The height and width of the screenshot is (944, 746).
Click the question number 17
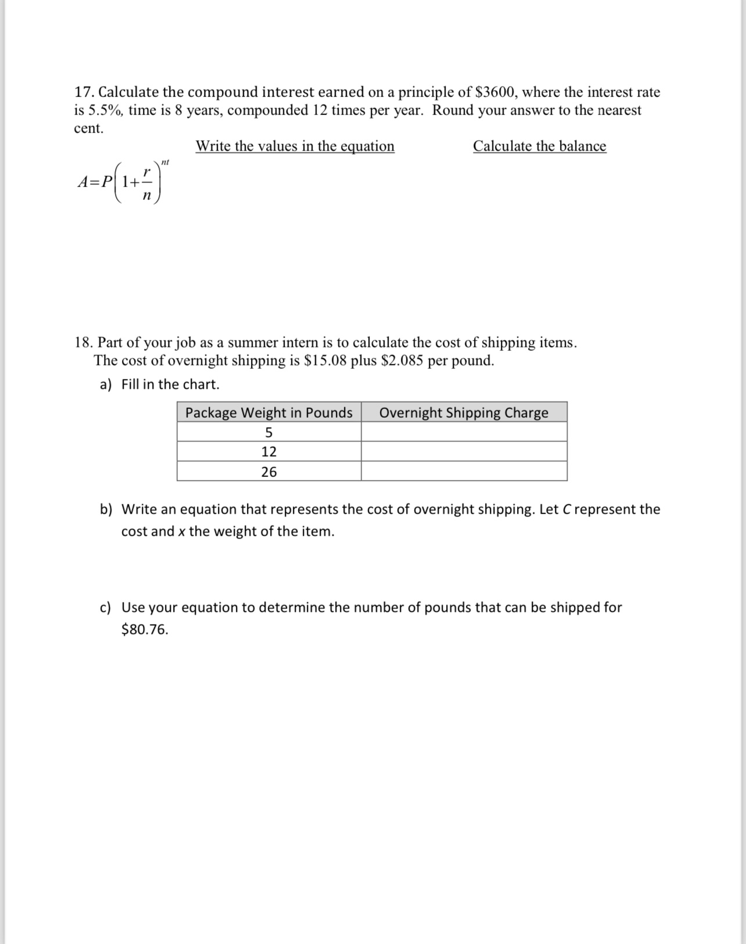[x=84, y=92]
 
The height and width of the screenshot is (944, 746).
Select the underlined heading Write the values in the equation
[x=295, y=146]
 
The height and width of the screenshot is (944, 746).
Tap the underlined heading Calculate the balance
[x=539, y=146]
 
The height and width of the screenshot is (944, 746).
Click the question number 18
[x=84, y=342]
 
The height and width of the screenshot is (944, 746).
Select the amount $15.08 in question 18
[x=325, y=361]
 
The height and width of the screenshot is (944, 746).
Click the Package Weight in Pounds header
[x=268, y=412]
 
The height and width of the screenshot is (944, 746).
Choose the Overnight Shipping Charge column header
[x=464, y=412]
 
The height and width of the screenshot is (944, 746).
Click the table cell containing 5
[x=268, y=432]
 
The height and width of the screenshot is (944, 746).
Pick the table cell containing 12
[x=268, y=452]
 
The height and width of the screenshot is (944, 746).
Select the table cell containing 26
[x=268, y=472]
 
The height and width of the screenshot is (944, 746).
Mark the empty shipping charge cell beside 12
[x=464, y=452]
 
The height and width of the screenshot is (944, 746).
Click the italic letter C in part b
[x=567, y=509]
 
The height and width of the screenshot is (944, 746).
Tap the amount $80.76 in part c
[x=145, y=630]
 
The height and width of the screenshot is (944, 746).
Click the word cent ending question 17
[x=88, y=129]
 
